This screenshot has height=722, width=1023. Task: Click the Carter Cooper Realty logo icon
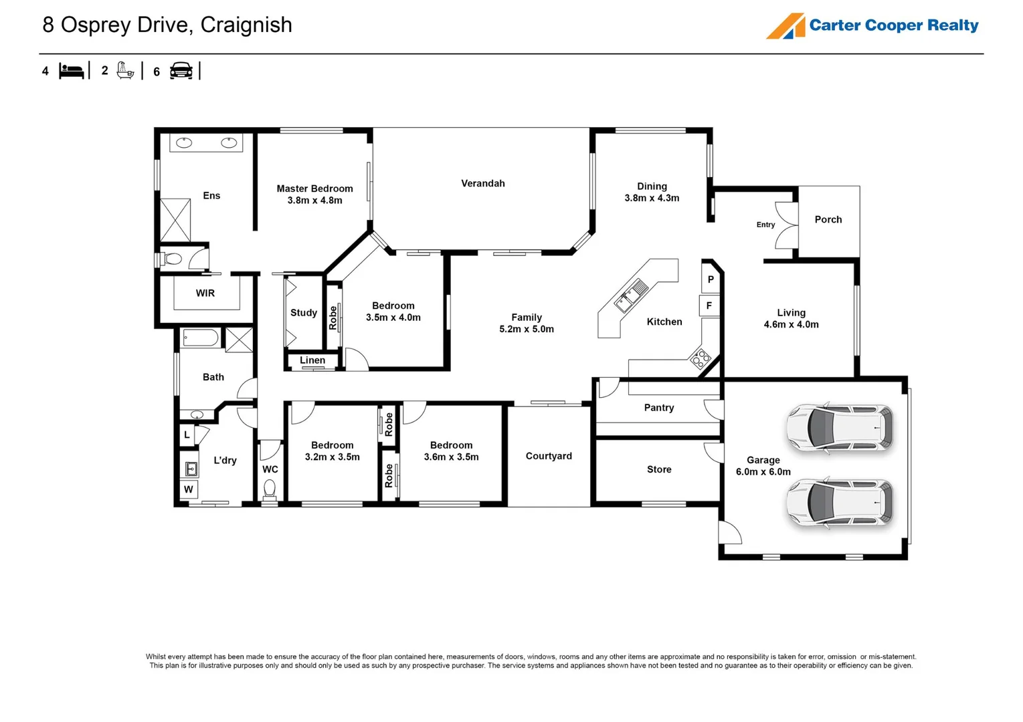pos(786,26)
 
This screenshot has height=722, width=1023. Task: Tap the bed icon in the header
pos(71,72)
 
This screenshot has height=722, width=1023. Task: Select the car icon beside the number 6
pos(181,71)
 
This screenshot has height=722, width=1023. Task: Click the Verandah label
pos(482,183)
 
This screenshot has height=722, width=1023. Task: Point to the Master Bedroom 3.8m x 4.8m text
pos(314,195)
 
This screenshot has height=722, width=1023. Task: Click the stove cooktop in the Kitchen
pos(700,359)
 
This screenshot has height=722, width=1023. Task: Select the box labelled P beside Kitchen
pos(711,279)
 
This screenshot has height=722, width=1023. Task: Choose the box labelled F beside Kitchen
pos(709,306)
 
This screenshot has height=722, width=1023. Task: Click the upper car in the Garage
pos(840,428)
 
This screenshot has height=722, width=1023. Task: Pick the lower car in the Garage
pos(840,503)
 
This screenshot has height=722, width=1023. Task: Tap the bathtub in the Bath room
pos(201,338)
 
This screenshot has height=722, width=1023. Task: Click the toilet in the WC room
pos(270,490)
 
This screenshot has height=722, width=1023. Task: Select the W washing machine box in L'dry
pos(189,490)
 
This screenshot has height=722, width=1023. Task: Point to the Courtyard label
pos(549,456)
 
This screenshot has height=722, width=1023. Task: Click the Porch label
pos(828,219)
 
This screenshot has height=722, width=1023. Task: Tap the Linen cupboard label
pos(312,360)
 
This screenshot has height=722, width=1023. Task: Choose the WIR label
pos(205,293)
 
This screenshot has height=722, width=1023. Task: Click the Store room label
pos(659,469)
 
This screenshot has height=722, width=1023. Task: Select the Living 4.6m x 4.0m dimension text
pos(791,319)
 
